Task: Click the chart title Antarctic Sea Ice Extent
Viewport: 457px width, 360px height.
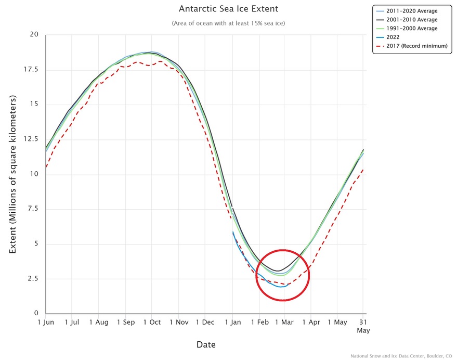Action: coord(228,9)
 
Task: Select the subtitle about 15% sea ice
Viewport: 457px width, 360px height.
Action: coord(228,23)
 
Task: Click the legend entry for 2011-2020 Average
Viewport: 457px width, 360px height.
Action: coord(407,11)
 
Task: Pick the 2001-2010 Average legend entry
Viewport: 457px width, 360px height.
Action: coord(407,20)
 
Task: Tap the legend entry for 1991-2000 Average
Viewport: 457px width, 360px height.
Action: coord(407,28)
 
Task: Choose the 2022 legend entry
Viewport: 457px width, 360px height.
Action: coord(388,37)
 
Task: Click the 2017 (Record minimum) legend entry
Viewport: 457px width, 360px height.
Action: coord(412,46)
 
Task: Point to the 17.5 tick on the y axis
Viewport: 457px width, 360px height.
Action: coord(31,69)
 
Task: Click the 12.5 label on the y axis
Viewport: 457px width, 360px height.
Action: coord(31,139)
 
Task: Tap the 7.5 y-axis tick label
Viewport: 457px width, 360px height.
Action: coord(33,209)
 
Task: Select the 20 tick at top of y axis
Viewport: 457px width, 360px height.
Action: coord(34,34)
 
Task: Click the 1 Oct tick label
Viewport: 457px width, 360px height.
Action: coord(152,322)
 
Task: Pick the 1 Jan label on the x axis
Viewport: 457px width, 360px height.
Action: coord(233,322)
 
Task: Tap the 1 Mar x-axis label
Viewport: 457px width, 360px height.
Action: coord(284,322)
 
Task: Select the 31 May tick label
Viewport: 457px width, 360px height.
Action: coord(363,326)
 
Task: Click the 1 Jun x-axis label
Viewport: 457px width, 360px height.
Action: coord(46,322)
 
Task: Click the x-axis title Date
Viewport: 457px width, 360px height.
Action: coord(206,344)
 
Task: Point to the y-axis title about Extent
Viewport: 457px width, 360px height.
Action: coord(12,174)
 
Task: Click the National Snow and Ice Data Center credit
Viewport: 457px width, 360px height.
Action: coord(401,356)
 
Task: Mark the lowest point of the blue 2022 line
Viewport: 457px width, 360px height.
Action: coord(281,287)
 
